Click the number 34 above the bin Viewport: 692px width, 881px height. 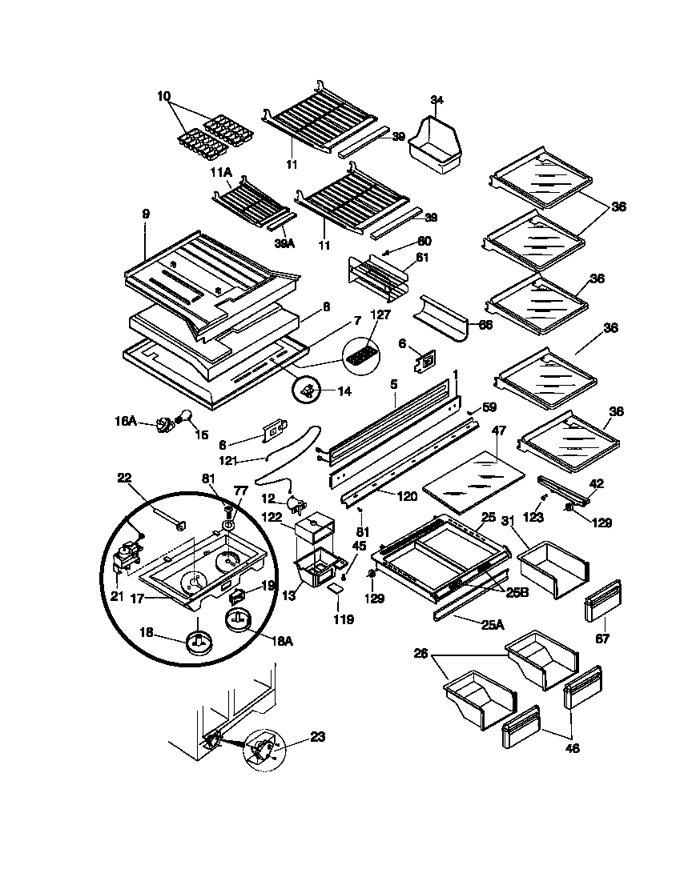(437, 99)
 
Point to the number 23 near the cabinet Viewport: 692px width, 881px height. (318, 737)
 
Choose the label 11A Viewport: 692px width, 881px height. (221, 171)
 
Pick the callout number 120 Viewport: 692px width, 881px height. (407, 496)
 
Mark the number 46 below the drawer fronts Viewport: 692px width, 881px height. (572, 749)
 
